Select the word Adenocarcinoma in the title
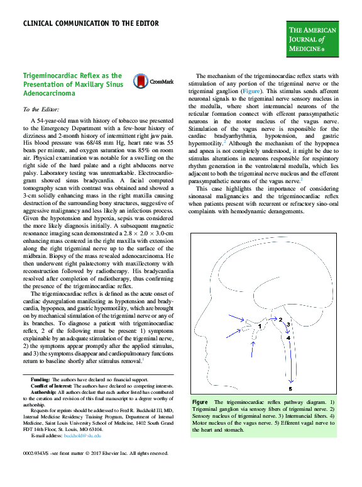point(49,92)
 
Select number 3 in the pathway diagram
point(287,323)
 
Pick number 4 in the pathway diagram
point(288,338)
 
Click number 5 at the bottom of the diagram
point(290,388)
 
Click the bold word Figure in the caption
point(200,401)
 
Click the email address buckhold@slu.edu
point(84,435)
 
